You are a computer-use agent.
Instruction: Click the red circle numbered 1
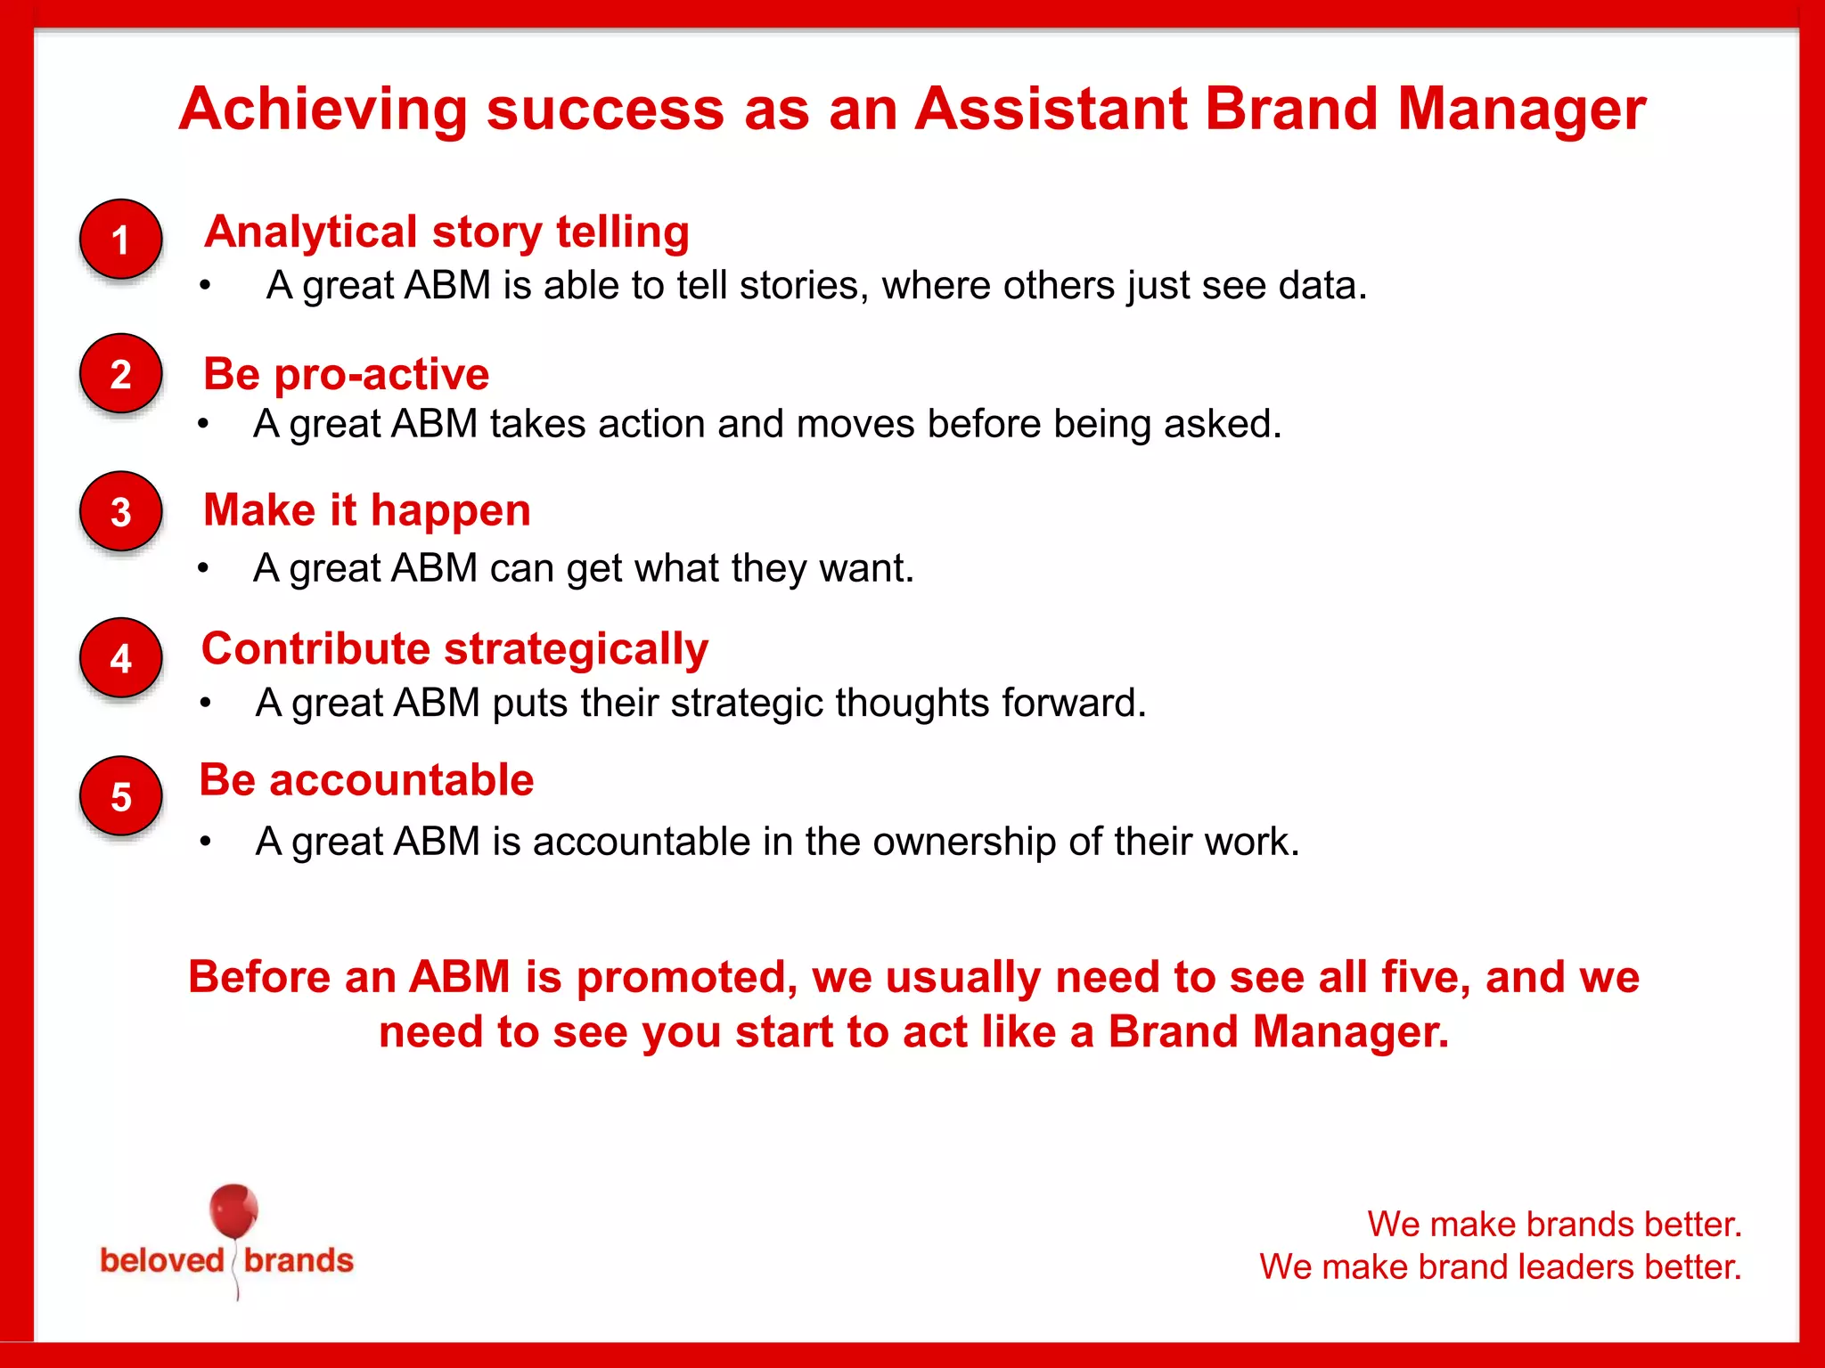[121, 240]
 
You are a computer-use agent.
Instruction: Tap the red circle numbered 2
[121, 374]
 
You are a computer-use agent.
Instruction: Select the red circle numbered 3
[121, 512]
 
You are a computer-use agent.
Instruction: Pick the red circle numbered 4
[121, 658]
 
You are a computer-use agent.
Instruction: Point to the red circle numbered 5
[121, 796]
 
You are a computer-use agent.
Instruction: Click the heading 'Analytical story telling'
[446, 232]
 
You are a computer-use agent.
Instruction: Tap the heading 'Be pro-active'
[346, 374]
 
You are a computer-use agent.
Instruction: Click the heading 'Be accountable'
[366, 780]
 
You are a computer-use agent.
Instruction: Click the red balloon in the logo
[233, 1211]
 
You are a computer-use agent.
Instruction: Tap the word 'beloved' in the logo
[161, 1261]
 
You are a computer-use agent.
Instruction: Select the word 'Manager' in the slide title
[1521, 110]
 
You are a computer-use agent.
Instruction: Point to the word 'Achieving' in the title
[323, 110]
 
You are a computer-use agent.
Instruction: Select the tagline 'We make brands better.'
[1554, 1225]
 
